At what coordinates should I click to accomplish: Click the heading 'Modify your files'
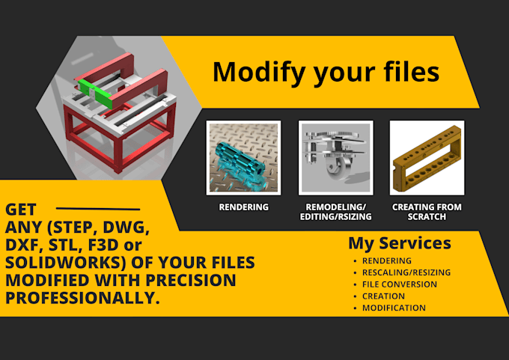pos(326,72)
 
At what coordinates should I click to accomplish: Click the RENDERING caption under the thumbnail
pos(243,207)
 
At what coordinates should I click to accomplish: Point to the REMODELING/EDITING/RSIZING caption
pos(335,212)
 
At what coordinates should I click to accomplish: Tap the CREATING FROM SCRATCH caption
pos(427,212)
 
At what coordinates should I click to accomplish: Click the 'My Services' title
pos(400,243)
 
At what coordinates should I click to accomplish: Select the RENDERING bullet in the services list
pos(386,260)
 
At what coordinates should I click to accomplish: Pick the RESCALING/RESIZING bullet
pos(401,272)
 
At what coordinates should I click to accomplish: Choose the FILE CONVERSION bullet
pos(394,284)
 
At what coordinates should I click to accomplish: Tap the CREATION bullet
pos(383,296)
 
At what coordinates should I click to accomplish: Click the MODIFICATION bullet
pos(394,308)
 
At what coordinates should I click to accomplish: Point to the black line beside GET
pos(98,209)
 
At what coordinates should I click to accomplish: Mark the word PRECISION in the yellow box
pos(191,280)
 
